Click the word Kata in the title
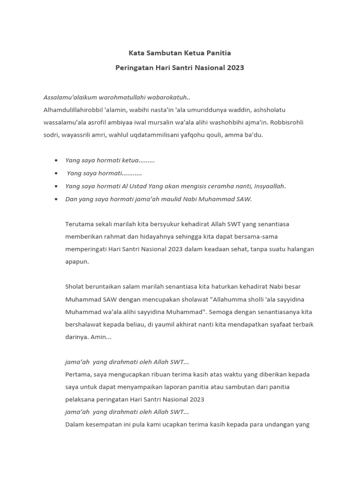click(x=136, y=53)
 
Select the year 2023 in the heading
click(x=235, y=67)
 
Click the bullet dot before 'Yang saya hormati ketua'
click(x=56, y=160)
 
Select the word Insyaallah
click(x=269, y=186)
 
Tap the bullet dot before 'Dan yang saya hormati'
click(x=56, y=199)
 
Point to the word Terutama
click(x=79, y=224)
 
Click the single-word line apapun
click(x=77, y=262)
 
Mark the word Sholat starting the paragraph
click(x=75, y=286)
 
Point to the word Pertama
click(x=78, y=375)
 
